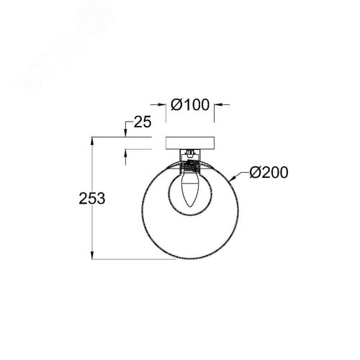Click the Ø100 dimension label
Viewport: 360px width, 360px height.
[190, 105]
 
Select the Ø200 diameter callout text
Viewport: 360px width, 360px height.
[269, 172]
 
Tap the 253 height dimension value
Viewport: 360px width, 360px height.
[92, 199]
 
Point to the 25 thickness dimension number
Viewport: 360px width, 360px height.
[143, 122]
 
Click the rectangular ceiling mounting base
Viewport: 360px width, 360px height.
[190, 143]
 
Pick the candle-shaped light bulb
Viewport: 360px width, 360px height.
[190, 189]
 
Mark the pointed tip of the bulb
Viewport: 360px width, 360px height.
[190, 207]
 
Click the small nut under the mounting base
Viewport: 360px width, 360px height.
[190, 152]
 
